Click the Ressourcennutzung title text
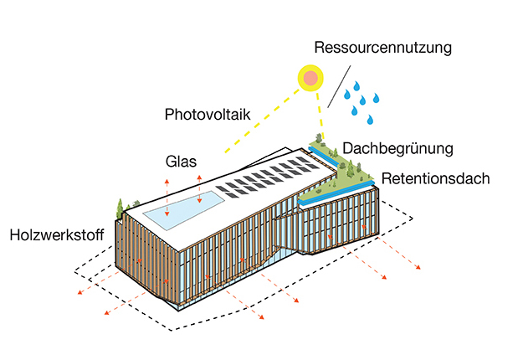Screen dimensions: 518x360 pyautogui.click(x=383, y=47)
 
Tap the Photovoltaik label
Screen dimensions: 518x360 pyautogui.click(x=208, y=115)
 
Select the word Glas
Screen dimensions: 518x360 pyautogui.click(x=181, y=162)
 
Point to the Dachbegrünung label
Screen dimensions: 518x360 pyautogui.click(x=397, y=148)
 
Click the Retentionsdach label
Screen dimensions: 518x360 pyautogui.click(x=435, y=178)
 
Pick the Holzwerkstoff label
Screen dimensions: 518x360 pyautogui.click(x=57, y=235)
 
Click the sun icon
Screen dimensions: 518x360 pyautogui.click(x=310, y=78)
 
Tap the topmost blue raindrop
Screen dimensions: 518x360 pyautogui.click(x=356, y=86)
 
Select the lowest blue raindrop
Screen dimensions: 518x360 pyautogui.click(x=370, y=120)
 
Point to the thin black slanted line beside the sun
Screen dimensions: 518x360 pyautogui.click(x=339, y=86)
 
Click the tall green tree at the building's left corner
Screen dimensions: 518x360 pyautogui.click(x=120, y=208)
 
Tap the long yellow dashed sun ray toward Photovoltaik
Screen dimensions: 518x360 pyautogui.click(x=262, y=121)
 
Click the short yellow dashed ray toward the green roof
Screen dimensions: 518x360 pyautogui.click(x=321, y=116)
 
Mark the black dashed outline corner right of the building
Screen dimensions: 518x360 pyautogui.click(x=412, y=219)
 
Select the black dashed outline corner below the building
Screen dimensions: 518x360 pyautogui.click(x=172, y=330)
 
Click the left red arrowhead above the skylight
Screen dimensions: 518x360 pyautogui.click(x=167, y=182)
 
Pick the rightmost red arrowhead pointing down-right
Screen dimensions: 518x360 pyautogui.click(x=418, y=267)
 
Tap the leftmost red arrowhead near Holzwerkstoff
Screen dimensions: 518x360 pyautogui.click(x=80, y=292)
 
